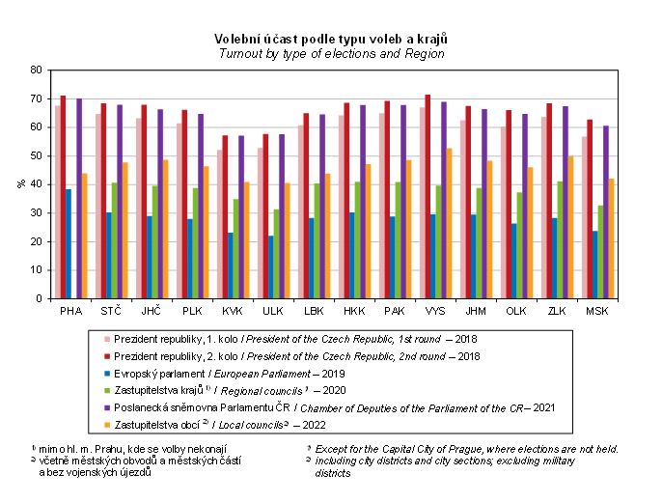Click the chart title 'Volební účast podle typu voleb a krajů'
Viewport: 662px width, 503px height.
coord(331,39)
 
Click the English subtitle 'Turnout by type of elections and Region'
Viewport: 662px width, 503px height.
coord(331,54)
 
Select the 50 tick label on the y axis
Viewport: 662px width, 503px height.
coord(37,156)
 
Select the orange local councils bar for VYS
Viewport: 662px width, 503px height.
coord(451,224)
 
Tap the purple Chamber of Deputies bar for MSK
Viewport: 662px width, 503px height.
coord(605,212)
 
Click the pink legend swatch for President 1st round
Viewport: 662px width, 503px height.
coord(108,340)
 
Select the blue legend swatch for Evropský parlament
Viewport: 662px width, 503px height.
coord(108,372)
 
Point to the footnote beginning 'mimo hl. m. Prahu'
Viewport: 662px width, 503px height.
coord(129,449)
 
